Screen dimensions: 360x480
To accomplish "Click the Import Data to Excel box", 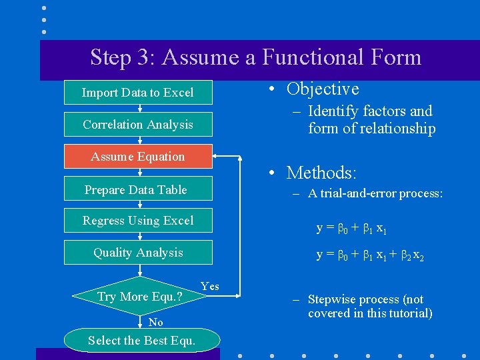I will click(138, 93).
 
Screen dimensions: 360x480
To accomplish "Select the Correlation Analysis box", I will click(138, 125).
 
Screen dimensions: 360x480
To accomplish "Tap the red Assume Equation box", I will click(138, 157).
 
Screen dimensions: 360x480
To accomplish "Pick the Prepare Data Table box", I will click(138, 189).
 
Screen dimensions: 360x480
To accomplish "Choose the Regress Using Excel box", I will click(138, 221).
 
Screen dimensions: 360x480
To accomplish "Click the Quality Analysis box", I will click(138, 253).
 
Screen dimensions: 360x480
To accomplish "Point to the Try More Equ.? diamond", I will click(139, 296).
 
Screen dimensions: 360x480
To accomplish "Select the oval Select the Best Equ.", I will click(141, 341).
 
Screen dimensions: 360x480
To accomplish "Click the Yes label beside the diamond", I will click(209, 286).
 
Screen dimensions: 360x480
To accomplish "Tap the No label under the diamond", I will click(155, 322).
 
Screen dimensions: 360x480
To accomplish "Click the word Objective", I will click(323, 89).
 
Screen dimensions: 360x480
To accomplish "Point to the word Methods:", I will click(321, 173).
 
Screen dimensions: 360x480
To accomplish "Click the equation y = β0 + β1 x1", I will click(351, 229).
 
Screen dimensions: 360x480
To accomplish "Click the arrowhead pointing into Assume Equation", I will click(217, 157).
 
